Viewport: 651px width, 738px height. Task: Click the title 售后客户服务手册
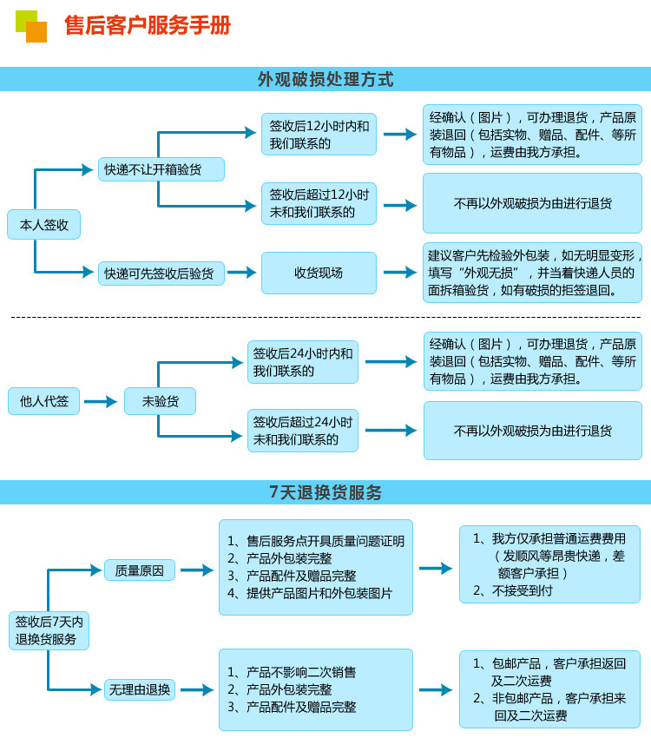(x=148, y=26)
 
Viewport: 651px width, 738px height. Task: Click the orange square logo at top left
(x=36, y=32)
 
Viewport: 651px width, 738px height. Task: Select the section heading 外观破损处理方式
(x=325, y=79)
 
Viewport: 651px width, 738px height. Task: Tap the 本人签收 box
(x=44, y=225)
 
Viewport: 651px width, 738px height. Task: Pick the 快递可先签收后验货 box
(x=161, y=273)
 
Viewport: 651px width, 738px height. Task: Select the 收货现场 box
(x=319, y=273)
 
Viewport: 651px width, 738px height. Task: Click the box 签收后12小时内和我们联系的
(x=319, y=135)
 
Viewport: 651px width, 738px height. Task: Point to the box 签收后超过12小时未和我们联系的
(x=319, y=203)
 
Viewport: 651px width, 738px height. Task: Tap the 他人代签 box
(x=44, y=401)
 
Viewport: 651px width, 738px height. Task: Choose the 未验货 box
(x=160, y=401)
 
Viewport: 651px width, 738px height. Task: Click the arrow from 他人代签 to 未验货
(x=101, y=402)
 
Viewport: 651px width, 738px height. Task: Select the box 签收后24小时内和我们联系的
(x=303, y=362)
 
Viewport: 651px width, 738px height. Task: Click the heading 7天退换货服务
(x=325, y=492)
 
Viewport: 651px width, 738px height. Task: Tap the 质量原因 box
(x=140, y=570)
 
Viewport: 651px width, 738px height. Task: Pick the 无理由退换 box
(x=140, y=690)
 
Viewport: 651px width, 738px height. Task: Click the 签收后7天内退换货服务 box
(x=49, y=630)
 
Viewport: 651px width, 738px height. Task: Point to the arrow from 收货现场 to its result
(x=399, y=273)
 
